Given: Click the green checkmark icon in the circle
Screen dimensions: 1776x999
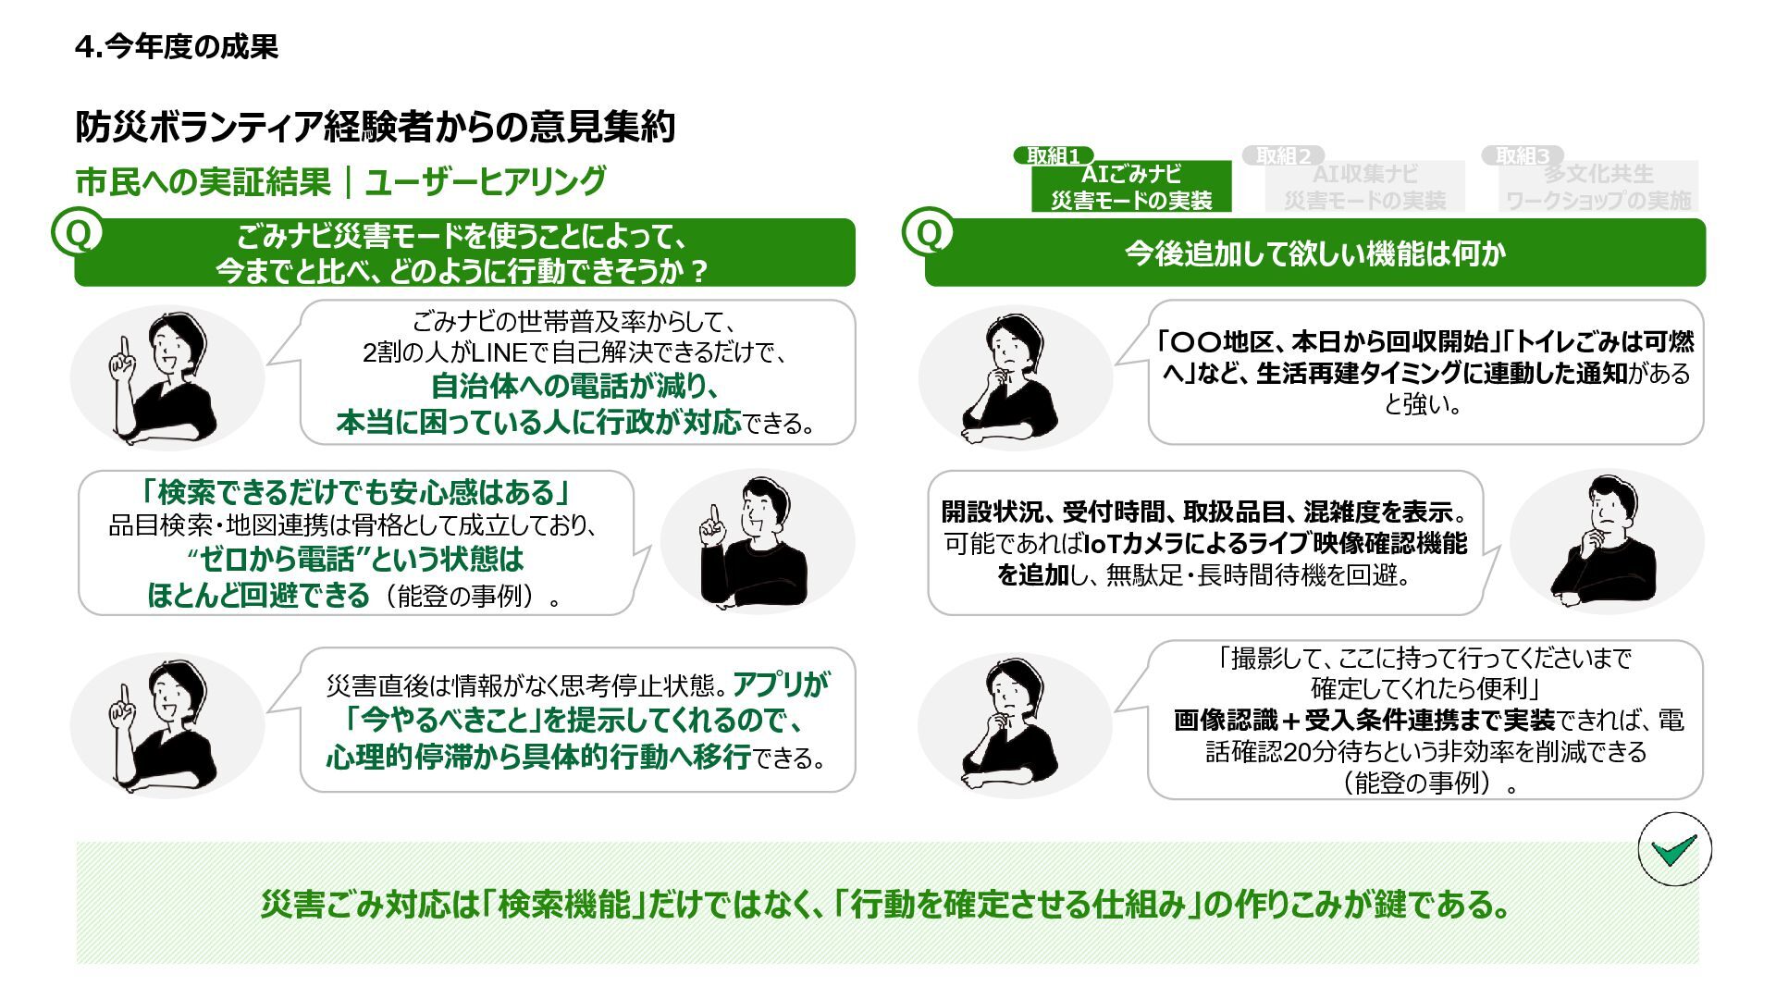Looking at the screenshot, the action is tap(1674, 849).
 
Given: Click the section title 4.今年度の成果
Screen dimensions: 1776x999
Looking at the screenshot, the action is tap(177, 46).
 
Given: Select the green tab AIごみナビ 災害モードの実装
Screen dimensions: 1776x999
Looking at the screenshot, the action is tap(1131, 187).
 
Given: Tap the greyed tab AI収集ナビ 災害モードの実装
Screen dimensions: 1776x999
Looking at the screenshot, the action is tap(1364, 187).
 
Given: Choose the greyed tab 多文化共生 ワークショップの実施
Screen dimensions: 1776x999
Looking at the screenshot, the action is tap(1597, 187).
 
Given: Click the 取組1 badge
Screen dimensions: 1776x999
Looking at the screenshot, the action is tap(1053, 155).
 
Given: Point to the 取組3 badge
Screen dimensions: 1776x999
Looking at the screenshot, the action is tap(1522, 155).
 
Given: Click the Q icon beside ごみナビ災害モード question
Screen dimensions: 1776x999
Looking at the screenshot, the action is tap(78, 234).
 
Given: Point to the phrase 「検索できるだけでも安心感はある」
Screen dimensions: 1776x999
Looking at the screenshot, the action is tap(356, 491).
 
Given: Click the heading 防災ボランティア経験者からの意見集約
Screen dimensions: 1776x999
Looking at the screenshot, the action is tap(375, 127).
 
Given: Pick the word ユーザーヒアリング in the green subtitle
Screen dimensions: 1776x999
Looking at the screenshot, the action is tap(486, 181).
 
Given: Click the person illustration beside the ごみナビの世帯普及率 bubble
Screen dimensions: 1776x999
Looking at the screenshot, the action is tap(166, 376).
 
